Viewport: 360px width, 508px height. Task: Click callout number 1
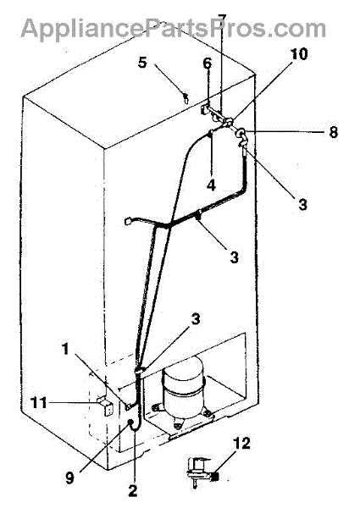click(x=65, y=350)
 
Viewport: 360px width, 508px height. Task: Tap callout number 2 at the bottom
click(x=133, y=489)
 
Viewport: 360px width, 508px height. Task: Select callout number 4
click(x=211, y=185)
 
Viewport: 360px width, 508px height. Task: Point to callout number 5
click(x=142, y=63)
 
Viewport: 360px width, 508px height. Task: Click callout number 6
click(x=208, y=63)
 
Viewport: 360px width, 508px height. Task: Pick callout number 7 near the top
click(x=222, y=19)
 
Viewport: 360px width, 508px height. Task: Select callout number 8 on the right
click(x=334, y=132)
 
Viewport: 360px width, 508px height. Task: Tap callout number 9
click(x=69, y=477)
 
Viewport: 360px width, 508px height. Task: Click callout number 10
click(x=299, y=54)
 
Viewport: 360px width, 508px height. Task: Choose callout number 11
click(x=38, y=403)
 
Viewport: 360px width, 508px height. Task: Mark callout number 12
click(x=241, y=443)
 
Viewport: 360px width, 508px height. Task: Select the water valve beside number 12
click(x=198, y=472)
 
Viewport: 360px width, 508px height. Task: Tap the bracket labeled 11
click(x=105, y=405)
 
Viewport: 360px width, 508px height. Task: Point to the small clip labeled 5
click(x=186, y=97)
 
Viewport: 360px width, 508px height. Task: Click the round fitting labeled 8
click(x=241, y=133)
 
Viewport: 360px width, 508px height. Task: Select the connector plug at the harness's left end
click(x=128, y=221)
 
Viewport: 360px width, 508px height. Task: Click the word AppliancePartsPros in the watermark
click(x=147, y=29)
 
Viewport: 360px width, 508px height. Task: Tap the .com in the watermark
click(x=300, y=30)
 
